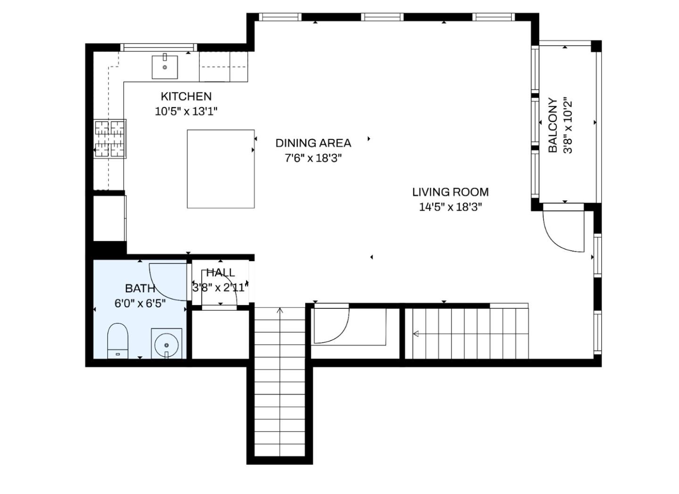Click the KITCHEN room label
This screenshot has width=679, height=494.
(186, 97)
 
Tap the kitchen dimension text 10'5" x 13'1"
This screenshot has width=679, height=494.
(186, 112)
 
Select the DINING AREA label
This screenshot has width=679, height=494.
(313, 143)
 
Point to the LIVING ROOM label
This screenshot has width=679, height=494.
(450, 192)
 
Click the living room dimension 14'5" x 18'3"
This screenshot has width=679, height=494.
(450, 207)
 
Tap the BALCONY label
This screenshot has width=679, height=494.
(553, 125)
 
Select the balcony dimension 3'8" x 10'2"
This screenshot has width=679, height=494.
(568, 125)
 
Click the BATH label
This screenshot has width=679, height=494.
(140, 288)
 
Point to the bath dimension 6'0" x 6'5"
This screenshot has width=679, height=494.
(140, 303)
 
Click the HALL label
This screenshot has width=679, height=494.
(220, 272)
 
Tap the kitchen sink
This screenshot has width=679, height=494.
(165, 67)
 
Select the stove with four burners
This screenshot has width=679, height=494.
(110, 139)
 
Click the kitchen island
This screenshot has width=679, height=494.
(221, 169)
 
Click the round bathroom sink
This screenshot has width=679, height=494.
(166, 345)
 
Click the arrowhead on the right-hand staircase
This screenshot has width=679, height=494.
(416, 334)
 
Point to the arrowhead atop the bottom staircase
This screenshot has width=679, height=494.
(280, 310)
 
